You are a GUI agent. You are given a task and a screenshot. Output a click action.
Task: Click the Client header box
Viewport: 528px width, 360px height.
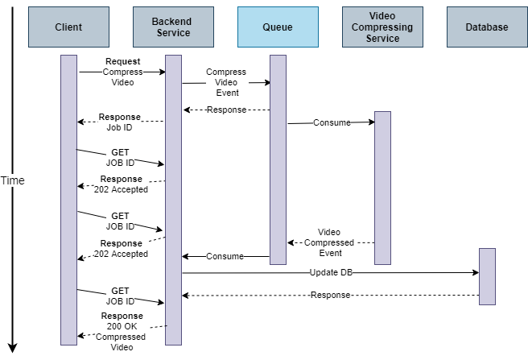68,27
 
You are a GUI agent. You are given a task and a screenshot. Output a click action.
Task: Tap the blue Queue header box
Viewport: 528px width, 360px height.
278,27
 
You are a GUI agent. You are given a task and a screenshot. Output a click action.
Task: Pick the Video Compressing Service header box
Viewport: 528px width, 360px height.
382,27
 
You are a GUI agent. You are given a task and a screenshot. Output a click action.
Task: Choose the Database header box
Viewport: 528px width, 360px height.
487,27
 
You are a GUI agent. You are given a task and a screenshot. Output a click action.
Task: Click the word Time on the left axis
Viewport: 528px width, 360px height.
13,180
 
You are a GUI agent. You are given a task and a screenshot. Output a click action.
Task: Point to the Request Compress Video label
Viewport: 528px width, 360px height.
122,72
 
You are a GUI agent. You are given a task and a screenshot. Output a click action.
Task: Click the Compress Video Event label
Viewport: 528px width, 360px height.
225,82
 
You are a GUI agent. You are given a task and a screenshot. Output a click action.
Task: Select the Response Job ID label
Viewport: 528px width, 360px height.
120,122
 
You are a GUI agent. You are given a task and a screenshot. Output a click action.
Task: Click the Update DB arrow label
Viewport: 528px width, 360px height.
331,273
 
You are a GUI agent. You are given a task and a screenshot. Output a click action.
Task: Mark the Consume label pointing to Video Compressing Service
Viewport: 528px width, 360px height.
331,123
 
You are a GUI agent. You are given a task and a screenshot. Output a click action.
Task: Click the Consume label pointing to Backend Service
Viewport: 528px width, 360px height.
225,257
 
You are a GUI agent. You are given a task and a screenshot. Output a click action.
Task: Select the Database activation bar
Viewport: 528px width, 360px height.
487,276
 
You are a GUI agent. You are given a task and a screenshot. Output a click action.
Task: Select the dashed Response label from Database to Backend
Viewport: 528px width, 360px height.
331,296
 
